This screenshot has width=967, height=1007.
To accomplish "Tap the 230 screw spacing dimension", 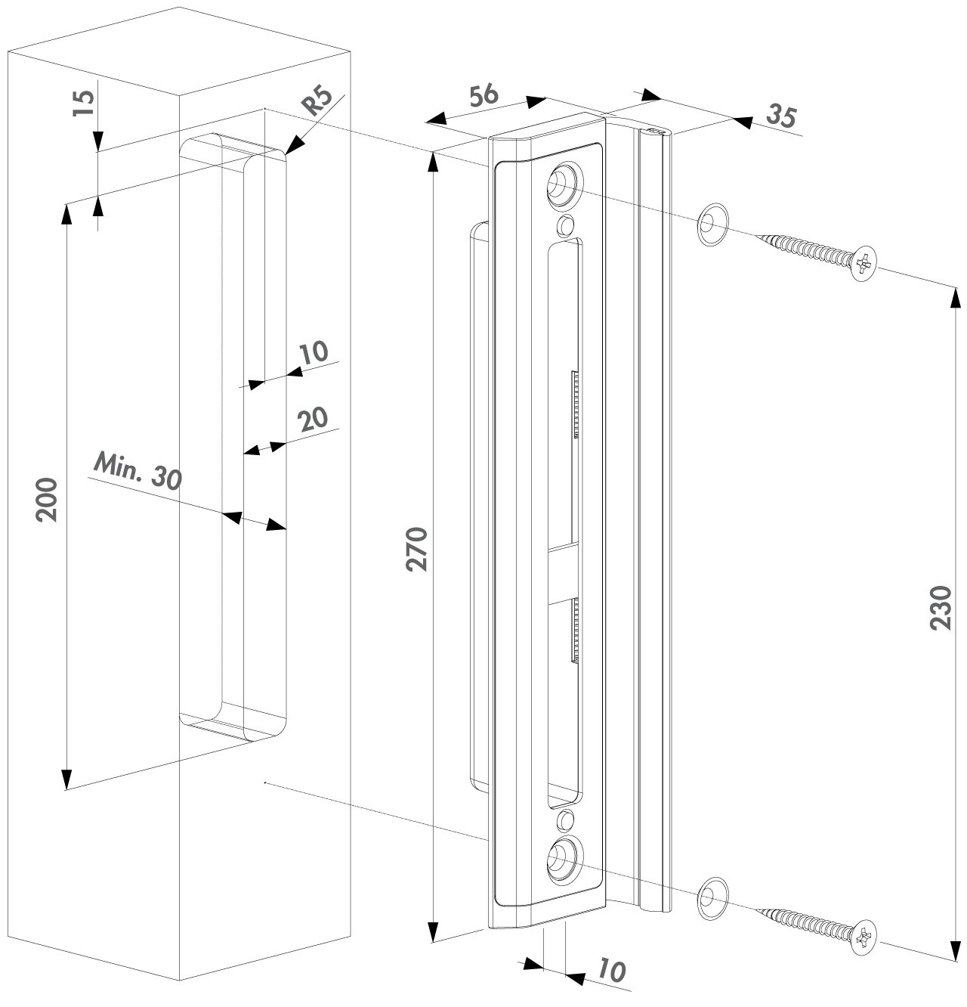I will click(x=941, y=607).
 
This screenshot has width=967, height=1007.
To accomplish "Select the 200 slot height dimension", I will click(x=48, y=499).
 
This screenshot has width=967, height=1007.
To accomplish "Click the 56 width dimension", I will click(x=483, y=96).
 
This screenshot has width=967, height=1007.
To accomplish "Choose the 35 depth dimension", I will click(x=781, y=116).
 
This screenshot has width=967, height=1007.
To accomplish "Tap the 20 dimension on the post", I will click(x=312, y=419).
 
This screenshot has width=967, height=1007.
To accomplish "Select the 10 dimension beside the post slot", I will click(x=313, y=352).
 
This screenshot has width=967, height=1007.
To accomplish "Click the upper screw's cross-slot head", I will click(x=864, y=264).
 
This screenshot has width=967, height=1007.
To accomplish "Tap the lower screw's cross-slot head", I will click(x=864, y=938).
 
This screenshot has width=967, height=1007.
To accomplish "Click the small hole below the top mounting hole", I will click(x=564, y=225).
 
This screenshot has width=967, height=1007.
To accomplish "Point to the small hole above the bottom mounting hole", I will click(x=564, y=818).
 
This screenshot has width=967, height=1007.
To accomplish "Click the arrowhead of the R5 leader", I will click(x=290, y=150).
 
